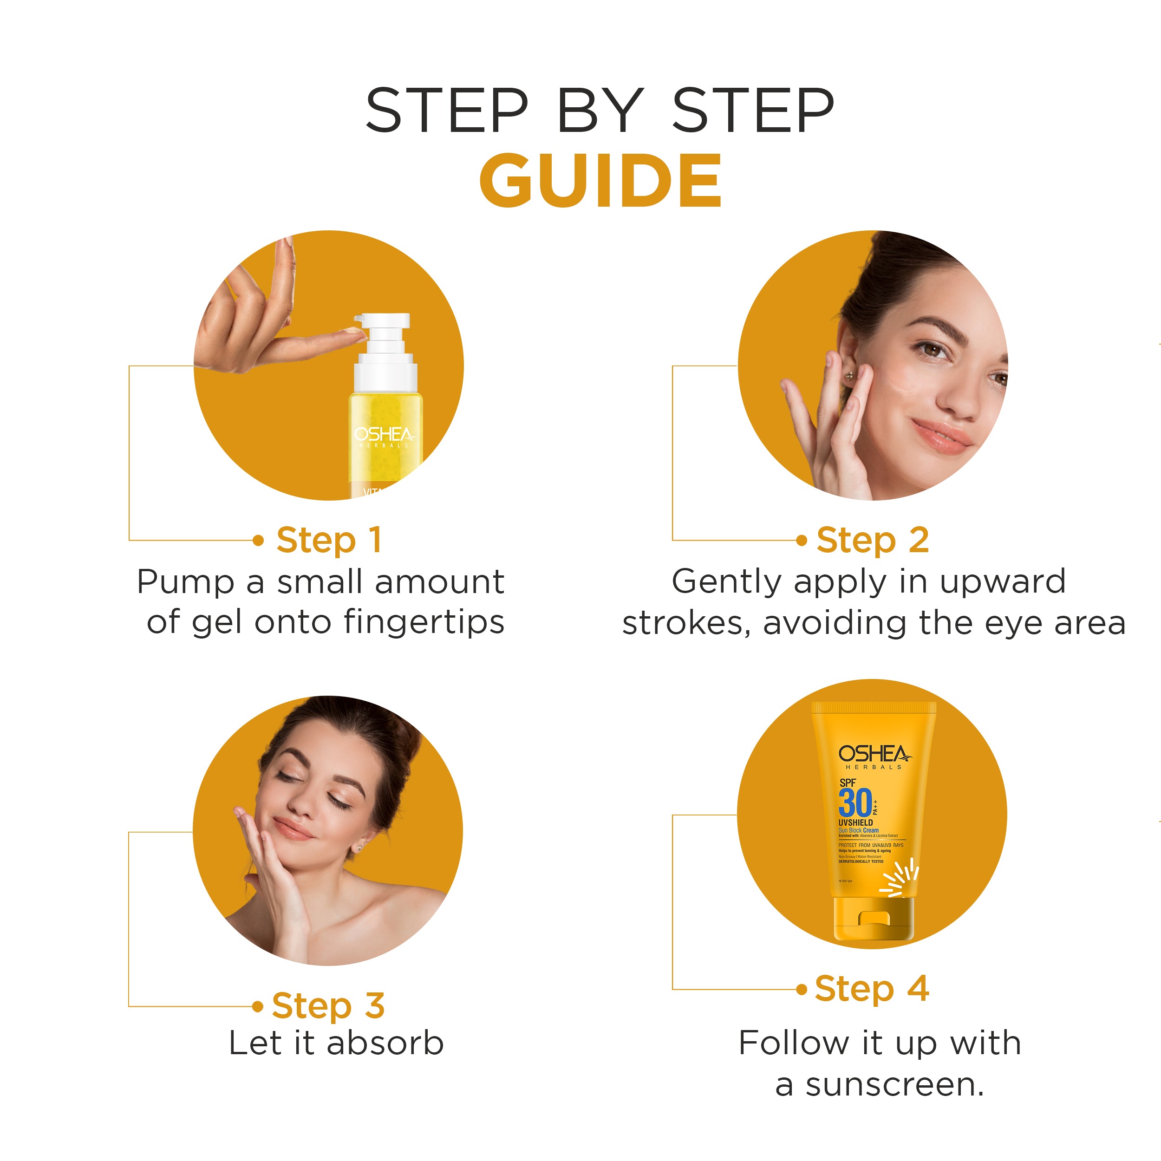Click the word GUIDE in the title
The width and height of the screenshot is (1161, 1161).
click(600, 180)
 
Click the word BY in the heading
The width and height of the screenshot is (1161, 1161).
click(600, 111)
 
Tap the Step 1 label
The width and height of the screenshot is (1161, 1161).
click(329, 540)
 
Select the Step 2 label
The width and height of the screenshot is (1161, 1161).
click(872, 540)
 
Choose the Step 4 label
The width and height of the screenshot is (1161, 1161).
click(871, 989)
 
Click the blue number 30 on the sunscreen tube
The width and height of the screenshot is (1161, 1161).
click(854, 803)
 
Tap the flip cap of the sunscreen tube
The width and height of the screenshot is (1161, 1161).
click(873, 919)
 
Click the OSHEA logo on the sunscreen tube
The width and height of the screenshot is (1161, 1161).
click(874, 754)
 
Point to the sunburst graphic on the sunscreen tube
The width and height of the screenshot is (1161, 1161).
click(900, 879)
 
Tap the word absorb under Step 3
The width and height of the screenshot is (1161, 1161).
click(385, 1043)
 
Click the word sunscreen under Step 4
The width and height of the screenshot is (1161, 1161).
click(894, 1085)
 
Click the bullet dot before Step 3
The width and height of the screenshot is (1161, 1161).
click(258, 1006)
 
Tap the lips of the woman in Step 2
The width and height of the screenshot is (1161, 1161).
click(941, 437)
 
